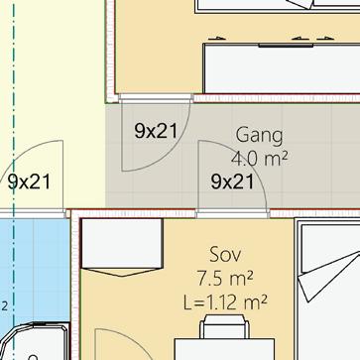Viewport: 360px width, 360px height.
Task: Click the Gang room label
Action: click(260, 136)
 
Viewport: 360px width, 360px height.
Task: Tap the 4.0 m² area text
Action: click(259, 159)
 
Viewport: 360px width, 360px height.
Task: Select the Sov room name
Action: click(225, 255)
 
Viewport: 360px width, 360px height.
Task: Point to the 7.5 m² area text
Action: click(225, 279)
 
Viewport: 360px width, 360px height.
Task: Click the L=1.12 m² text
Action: click(225, 302)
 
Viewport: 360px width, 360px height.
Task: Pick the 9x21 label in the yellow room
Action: click(30, 181)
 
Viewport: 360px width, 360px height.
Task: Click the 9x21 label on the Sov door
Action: click(232, 181)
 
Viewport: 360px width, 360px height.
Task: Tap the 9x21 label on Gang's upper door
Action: click(156, 131)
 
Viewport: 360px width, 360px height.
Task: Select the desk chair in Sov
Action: click(224, 326)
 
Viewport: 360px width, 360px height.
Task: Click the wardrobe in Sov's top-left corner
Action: click(122, 247)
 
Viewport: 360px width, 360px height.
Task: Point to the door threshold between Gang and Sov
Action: click(233, 214)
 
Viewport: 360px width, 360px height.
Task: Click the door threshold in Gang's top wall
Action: click(156, 97)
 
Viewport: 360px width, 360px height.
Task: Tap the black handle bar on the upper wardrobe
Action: click(286, 46)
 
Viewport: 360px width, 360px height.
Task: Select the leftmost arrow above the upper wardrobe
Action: click(217, 39)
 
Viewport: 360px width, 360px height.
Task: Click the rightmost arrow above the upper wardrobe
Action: click(325, 39)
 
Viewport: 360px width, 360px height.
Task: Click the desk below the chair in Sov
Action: click(224, 349)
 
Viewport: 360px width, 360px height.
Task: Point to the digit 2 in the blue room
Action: click(5, 306)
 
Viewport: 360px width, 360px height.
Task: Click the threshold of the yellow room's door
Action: click(33, 214)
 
